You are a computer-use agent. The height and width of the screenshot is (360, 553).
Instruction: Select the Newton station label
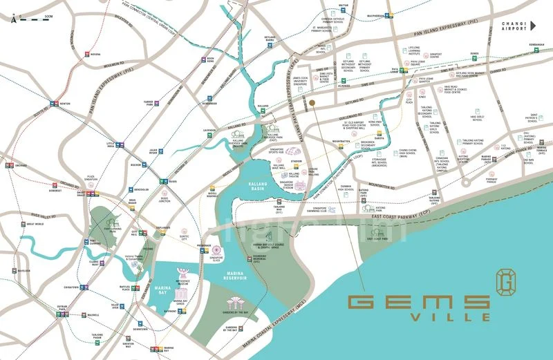65,104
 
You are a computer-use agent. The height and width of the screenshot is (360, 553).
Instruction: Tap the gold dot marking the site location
312,102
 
